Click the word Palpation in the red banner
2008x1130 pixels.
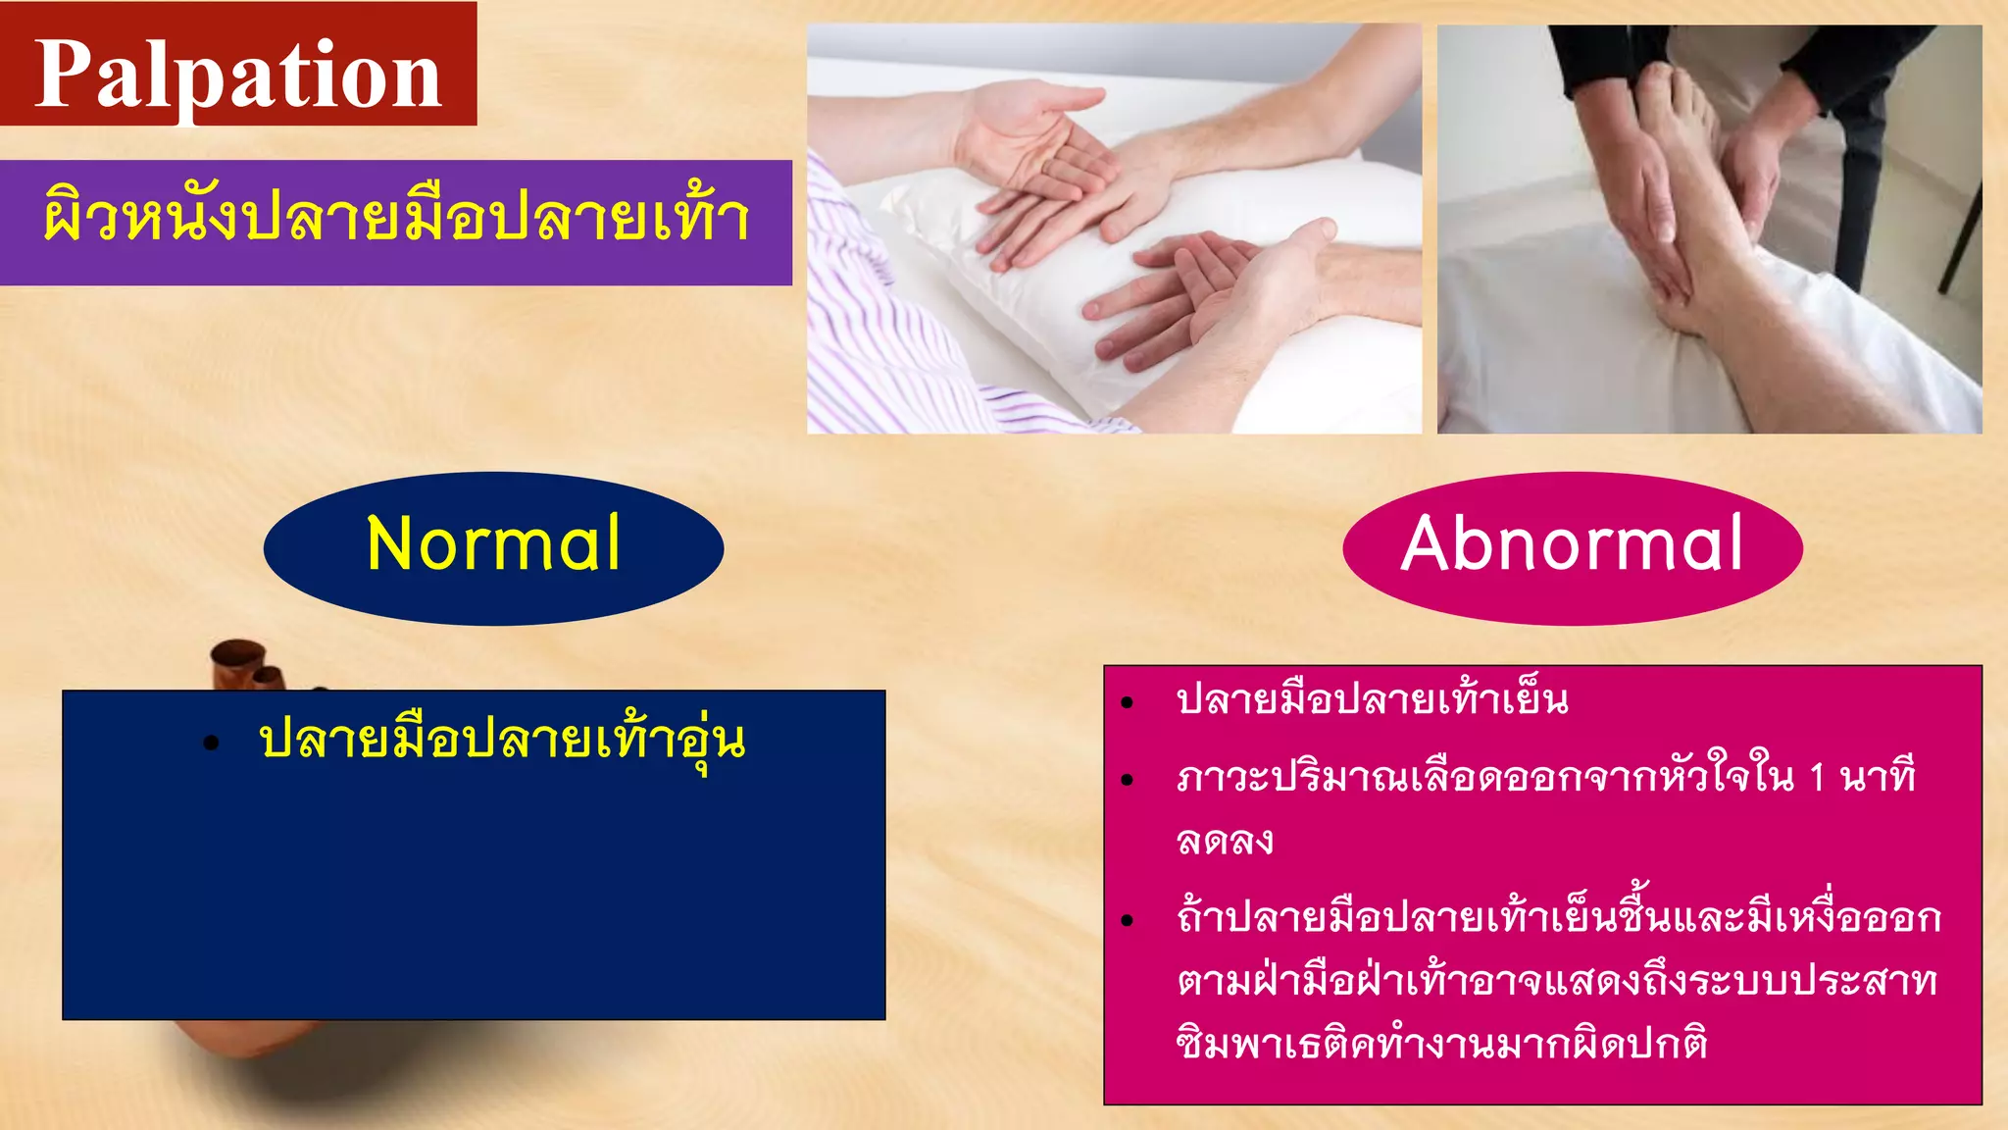click(238, 75)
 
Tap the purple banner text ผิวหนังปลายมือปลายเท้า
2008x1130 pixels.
click(396, 219)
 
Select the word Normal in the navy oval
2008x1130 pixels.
click(493, 544)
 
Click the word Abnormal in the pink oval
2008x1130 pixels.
click(1572, 544)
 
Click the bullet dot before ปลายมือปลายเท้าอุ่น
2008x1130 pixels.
click(211, 744)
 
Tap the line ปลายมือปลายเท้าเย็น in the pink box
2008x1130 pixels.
click(1372, 700)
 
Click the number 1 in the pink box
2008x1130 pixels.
click(1817, 778)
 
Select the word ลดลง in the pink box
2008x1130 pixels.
click(1225, 842)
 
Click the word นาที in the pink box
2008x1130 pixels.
click(1878, 778)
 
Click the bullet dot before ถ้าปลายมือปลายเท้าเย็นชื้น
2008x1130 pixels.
click(1128, 920)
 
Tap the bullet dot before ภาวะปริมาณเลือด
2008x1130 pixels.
click(1128, 781)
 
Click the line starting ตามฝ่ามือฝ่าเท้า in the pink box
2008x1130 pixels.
click(1557, 981)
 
